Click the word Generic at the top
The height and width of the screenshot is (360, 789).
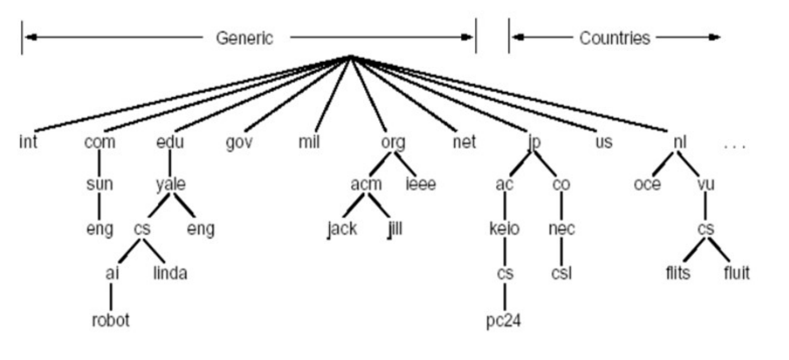click(244, 38)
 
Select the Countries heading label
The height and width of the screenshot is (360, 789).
click(615, 38)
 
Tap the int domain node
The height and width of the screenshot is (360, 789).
click(27, 143)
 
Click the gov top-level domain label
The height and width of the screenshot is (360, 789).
click(239, 143)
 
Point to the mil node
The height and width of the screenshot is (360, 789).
click(309, 143)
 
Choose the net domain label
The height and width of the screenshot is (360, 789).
click(464, 143)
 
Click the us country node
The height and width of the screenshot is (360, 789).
click(603, 143)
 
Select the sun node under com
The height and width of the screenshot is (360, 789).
click(100, 184)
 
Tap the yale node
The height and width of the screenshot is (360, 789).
click(171, 184)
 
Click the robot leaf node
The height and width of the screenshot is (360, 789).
click(111, 321)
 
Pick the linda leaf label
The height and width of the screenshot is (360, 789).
click(169, 273)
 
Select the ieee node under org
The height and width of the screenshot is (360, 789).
click(421, 184)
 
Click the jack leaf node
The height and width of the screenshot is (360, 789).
click(342, 229)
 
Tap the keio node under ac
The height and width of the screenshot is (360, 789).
click(504, 229)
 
